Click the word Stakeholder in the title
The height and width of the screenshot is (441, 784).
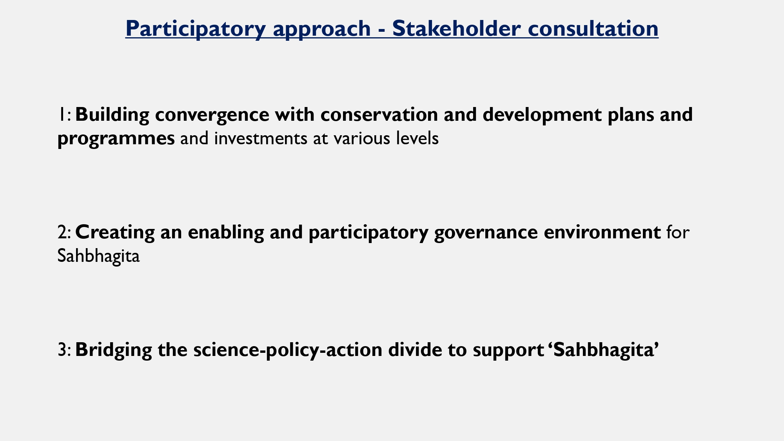456,28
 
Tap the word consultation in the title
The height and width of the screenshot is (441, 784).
593,28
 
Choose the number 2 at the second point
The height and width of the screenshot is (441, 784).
62,232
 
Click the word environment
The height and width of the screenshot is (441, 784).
602,232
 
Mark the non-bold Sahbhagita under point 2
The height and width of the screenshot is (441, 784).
98,257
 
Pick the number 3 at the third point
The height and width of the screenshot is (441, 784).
62,350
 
